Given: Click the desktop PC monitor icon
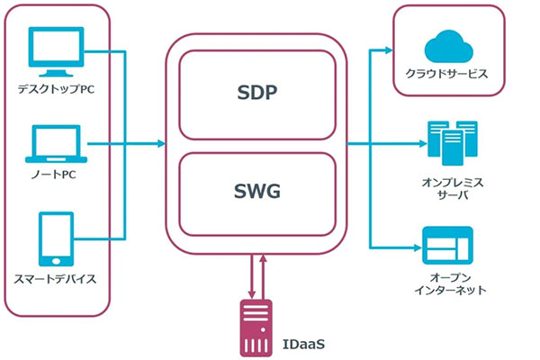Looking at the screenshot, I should (x=56, y=51).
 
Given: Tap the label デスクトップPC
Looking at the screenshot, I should (x=56, y=90).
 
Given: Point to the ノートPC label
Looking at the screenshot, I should (x=56, y=175).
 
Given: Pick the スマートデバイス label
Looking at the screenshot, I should (x=56, y=279).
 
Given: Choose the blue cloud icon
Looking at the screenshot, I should (x=447, y=43).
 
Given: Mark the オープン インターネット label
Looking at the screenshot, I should (x=447, y=283).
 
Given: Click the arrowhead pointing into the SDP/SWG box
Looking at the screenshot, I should (x=160, y=143).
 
